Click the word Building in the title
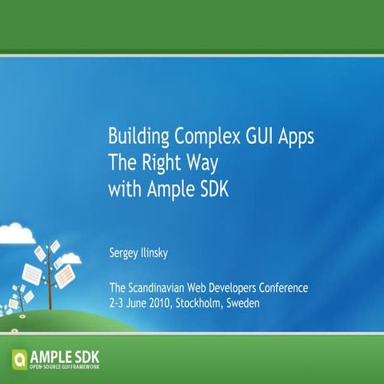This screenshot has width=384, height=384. point(134,134)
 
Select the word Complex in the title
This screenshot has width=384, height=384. point(198,134)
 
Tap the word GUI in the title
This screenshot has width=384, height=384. point(250,134)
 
